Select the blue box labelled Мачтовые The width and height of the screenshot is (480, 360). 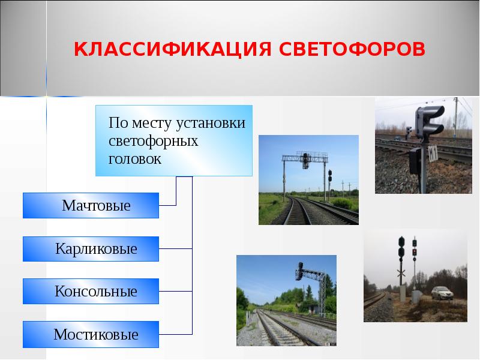coord(91,206)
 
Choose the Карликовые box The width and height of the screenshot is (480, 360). coord(91,248)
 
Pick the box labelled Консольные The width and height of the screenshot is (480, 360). coord(91,292)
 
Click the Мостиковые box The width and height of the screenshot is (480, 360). coord(91,334)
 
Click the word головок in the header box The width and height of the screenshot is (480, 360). coord(135,160)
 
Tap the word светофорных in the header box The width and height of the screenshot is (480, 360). coord(154,142)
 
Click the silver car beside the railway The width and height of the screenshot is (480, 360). coord(441,293)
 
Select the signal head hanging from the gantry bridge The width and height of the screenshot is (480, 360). coord(306,160)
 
